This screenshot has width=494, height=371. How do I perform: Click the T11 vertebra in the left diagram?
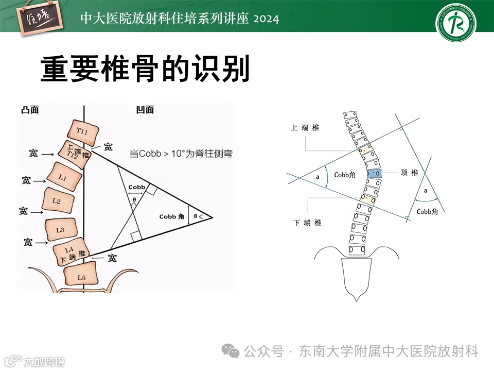[83, 132]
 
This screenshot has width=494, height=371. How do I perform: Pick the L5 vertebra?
[81, 277]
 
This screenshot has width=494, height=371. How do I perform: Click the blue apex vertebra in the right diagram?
[375, 173]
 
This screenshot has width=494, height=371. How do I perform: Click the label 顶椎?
[409, 173]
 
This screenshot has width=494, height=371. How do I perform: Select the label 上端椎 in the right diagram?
[305, 128]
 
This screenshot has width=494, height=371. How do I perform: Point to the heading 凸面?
[30, 110]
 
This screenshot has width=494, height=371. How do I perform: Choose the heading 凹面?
[145, 110]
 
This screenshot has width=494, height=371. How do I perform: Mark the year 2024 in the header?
[266, 19]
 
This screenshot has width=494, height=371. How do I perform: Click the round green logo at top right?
[456, 23]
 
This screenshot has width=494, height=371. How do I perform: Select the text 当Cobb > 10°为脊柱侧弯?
[180, 153]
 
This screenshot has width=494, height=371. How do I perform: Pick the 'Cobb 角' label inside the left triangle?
[171, 216]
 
